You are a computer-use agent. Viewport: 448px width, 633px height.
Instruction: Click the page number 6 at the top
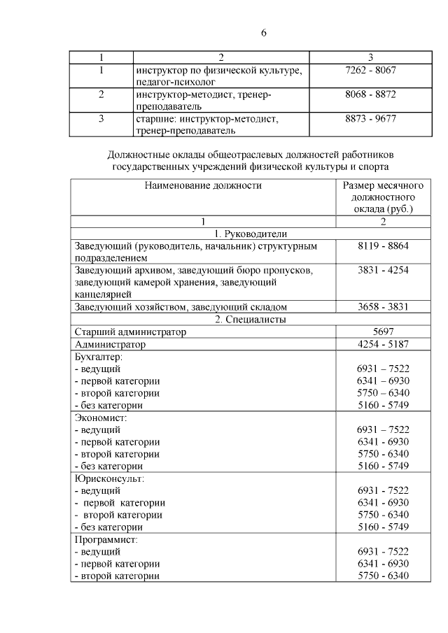[x=263, y=33]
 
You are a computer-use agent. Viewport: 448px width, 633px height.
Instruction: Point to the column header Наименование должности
[x=203, y=185]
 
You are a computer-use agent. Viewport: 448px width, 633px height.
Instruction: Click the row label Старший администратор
[x=130, y=332]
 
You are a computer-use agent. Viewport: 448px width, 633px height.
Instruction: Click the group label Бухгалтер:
[x=99, y=357]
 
